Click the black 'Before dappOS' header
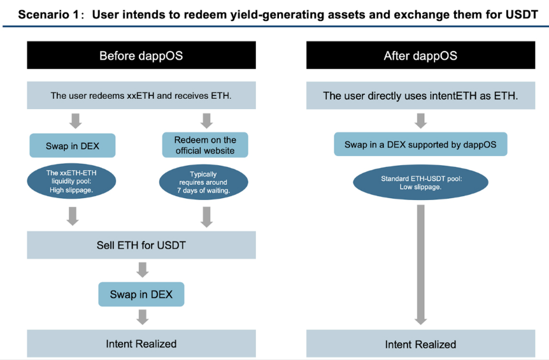(x=141, y=55)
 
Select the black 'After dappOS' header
(x=420, y=55)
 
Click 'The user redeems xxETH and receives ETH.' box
(x=141, y=95)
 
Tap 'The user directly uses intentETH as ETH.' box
(x=420, y=96)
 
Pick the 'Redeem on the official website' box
(x=205, y=145)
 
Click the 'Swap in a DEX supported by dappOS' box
(x=420, y=144)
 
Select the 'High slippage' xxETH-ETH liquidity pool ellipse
(x=71, y=181)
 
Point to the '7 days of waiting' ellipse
(x=203, y=182)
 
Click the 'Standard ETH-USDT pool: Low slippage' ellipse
(x=420, y=182)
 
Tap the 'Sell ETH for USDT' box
(x=141, y=245)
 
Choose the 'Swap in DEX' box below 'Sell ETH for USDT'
(x=141, y=294)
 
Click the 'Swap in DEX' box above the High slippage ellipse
(x=73, y=145)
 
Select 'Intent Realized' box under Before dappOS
(x=141, y=343)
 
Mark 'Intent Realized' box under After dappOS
(x=420, y=344)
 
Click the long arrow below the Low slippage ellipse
(x=420, y=265)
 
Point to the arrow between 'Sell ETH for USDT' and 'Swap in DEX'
(x=142, y=270)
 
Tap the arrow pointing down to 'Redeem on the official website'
(x=206, y=121)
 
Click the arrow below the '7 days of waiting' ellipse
(x=206, y=217)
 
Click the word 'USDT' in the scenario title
(x=522, y=15)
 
